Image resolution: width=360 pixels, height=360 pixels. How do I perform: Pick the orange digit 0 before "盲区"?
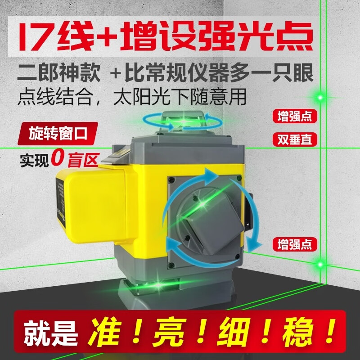click(57, 158)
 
